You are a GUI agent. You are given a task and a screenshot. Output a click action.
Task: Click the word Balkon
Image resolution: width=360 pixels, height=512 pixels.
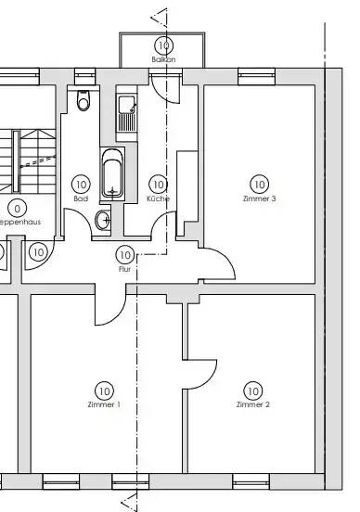(x=163, y=59)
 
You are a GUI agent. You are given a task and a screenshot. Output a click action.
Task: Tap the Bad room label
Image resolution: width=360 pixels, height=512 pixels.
(x=81, y=198)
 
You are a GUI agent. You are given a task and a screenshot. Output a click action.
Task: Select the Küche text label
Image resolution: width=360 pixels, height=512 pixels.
(x=158, y=198)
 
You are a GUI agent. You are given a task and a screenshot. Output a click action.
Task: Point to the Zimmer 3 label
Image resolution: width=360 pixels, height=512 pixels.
(x=259, y=198)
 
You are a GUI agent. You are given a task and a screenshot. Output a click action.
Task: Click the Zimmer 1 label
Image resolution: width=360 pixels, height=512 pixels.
(x=103, y=405)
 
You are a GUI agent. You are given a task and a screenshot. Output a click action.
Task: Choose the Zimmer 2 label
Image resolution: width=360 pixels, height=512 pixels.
(x=252, y=405)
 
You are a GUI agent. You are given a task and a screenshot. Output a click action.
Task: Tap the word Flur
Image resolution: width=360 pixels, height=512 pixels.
(x=125, y=268)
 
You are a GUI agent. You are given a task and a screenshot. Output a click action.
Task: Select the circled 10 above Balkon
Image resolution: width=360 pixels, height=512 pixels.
(x=164, y=45)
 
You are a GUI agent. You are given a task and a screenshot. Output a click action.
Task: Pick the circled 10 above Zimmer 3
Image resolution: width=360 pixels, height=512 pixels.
(x=259, y=185)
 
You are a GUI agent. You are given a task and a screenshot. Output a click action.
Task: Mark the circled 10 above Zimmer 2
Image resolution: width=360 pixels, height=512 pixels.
(x=252, y=390)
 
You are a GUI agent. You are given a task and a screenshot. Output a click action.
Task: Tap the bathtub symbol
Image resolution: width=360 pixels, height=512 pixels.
(x=113, y=173)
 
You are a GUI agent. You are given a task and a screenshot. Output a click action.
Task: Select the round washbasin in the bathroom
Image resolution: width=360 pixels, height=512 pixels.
(x=103, y=221)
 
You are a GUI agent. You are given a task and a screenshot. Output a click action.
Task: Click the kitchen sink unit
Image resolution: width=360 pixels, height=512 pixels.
(x=126, y=114)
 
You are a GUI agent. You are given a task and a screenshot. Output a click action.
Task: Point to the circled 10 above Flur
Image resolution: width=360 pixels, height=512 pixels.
(x=125, y=254)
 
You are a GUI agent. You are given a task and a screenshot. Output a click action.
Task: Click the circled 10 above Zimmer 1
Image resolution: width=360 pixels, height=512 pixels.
(x=103, y=390)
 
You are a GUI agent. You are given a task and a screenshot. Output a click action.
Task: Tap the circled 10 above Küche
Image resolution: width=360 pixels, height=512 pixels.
(x=158, y=185)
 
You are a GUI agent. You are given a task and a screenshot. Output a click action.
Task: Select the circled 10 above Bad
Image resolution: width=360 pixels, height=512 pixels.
(x=81, y=185)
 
